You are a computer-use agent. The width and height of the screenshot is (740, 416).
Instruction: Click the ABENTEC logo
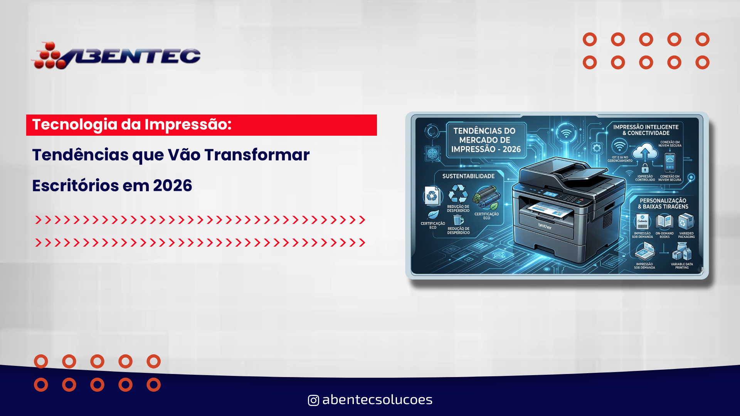click(116, 56)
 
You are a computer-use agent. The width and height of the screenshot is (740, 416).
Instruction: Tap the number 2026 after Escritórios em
click(172, 186)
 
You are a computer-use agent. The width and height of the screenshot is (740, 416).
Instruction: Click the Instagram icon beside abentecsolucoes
click(313, 400)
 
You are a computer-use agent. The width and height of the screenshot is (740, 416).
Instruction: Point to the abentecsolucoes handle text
click(377, 400)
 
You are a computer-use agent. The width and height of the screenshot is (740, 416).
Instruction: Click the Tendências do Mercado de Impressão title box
click(486, 140)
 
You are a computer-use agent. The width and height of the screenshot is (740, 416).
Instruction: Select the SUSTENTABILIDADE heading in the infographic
click(468, 176)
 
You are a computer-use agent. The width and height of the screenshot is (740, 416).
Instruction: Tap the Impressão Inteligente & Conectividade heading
click(646, 130)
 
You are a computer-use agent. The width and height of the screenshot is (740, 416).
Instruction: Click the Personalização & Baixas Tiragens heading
click(663, 204)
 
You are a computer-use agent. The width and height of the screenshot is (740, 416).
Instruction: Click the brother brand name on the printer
click(545, 226)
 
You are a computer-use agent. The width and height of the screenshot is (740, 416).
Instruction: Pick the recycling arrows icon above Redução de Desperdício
click(458, 194)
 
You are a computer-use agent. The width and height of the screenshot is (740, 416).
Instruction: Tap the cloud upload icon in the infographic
click(645, 151)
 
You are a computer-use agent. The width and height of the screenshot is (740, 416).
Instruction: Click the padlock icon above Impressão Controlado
click(645, 168)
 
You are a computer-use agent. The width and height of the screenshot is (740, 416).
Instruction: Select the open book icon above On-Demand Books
click(664, 222)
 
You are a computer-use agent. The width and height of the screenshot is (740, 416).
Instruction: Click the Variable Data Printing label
click(682, 266)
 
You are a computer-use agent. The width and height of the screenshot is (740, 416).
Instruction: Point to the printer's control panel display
click(550, 194)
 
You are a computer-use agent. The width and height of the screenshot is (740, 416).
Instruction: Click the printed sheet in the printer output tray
click(549, 210)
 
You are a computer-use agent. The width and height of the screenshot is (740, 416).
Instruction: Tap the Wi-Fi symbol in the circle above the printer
click(566, 133)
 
